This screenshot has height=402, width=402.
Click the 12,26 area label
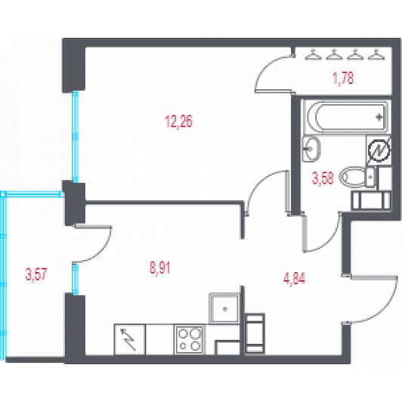click(x=178, y=121)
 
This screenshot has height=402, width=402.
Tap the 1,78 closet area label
click(x=344, y=78)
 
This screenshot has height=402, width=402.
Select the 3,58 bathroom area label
click(x=323, y=178)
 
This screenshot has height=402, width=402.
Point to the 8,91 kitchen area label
click(x=160, y=268)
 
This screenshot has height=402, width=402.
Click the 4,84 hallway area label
click(x=295, y=279)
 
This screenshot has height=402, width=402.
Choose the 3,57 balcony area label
click(x=36, y=274)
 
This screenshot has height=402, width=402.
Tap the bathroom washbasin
click(x=311, y=149)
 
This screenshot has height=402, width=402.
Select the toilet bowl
click(x=357, y=177)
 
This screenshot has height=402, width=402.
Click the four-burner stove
click(x=190, y=340)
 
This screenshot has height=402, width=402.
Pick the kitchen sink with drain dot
click(x=224, y=308)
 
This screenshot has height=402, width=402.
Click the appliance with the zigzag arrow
click(x=130, y=339)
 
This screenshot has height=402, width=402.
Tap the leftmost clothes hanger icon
click(x=313, y=54)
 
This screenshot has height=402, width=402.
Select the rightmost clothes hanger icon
click(x=376, y=54)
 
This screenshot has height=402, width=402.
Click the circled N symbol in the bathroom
click(x=379, y=151)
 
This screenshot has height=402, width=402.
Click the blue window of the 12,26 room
click(x=75, y=137)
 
